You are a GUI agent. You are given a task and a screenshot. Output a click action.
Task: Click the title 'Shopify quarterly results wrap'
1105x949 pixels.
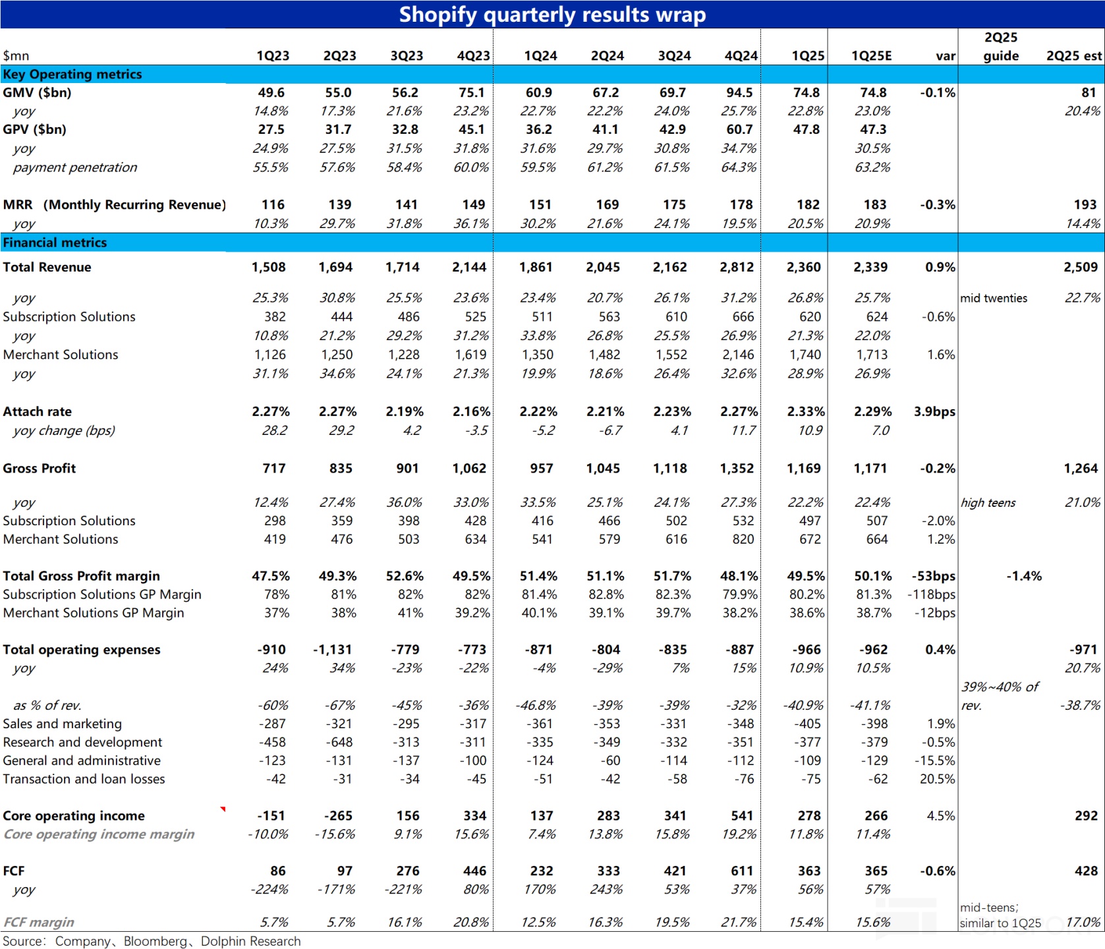[x=552, y=14]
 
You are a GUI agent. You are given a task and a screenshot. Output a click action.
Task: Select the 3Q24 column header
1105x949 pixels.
[x=674, y=56]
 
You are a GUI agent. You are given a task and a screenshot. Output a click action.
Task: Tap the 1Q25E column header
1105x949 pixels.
[x=872, y=56]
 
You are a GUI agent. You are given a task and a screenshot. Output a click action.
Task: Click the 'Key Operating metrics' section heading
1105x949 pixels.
[x=72, y=74]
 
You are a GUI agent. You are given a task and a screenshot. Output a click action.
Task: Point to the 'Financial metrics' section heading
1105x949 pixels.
[x=55, y=243]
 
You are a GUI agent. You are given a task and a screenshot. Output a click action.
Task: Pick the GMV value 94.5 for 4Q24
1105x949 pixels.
[x=739, y=93]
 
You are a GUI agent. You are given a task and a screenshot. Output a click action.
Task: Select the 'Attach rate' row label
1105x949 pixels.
[x=38, y=412]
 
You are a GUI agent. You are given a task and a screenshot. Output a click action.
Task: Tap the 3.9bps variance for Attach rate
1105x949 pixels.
[x=934, y=412]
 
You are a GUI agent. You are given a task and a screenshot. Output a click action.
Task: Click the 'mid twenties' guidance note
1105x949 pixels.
[x=994, y=299]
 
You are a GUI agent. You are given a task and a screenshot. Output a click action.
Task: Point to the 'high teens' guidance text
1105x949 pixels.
[x=988, y=503]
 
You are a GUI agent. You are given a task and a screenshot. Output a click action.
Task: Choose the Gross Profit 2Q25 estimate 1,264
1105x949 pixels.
[x=1081, y=469]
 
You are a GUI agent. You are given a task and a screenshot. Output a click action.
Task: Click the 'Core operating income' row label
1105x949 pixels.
[x=74, y=816]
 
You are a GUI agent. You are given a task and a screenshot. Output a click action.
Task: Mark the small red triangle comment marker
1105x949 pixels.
[x=223, y=809]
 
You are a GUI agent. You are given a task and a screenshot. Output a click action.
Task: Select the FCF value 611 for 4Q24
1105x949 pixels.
[x=742, y=871]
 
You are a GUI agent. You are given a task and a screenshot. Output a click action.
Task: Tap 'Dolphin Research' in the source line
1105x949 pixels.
[x=250, y=941]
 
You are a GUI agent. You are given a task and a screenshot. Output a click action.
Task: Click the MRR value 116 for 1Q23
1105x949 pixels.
[x=273, y=205]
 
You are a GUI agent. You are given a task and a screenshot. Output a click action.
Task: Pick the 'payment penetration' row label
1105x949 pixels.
[x=75, y=167]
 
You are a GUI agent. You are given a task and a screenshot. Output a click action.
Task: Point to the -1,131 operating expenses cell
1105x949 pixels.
[x=333, y=650]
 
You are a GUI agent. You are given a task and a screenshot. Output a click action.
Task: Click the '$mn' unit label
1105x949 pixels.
[x=16, y=56]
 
